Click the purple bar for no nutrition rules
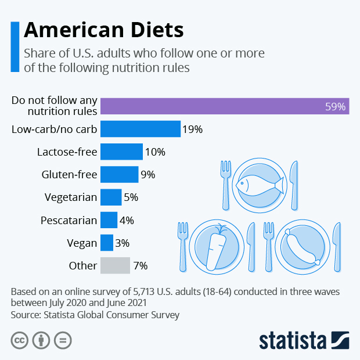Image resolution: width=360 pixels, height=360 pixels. coord(225,106)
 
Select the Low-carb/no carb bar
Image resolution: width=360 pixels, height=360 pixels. coord(141,129)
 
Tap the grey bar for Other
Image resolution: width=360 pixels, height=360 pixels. coord(115,265)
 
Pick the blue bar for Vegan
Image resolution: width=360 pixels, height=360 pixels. coord(107,243)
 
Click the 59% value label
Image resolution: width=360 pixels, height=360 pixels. coord(335,107)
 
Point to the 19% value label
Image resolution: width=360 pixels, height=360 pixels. coord(192,129)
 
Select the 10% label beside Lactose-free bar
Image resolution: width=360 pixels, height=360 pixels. coord(155,152)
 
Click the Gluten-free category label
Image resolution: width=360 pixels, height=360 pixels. coord(69,175)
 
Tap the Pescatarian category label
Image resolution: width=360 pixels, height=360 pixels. coord(69,220)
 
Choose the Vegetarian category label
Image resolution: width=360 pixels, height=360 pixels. coord(70,197)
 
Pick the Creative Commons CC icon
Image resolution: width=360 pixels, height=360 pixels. coord(20,340)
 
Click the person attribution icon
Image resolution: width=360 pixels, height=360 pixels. coord(41,340)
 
